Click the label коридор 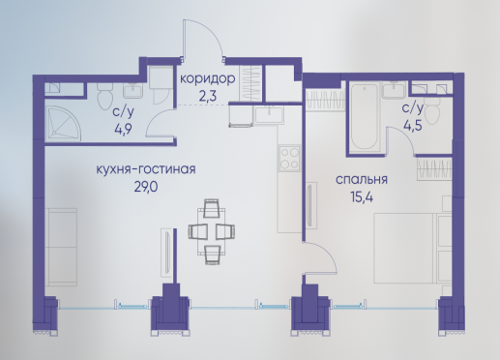[x=207, y=79]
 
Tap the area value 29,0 [x=146, y=187]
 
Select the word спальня [x=362, y=180]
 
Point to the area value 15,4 [x=362, y=197]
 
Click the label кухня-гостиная [x=146, y=169]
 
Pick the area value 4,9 [x=123, y=130]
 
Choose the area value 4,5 [x=413, y=126]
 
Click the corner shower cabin [x=63, y=125]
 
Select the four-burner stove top [x=289, y=158]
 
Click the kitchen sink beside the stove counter [x=269, y=115]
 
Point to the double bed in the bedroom [x=413, y=248]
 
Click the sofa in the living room [x=61, y=247]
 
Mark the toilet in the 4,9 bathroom [x=104, y=95]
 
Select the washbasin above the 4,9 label [x=132, y=90]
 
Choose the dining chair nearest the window [x=213, y=255]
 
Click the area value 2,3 [x=207, y=96]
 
